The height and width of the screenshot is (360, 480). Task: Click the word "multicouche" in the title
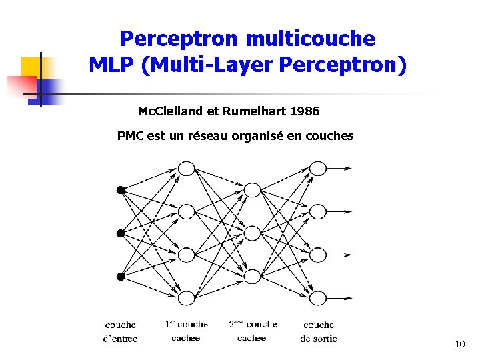(x=310, y=39)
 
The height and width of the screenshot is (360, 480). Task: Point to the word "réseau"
(x=209, y=136)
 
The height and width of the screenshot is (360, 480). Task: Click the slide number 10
(x=459, y=345)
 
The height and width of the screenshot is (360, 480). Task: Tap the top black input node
(x=121, y=190)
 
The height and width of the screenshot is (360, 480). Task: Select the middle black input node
(x=121, y=233)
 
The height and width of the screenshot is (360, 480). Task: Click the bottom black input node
(x=121, y=277)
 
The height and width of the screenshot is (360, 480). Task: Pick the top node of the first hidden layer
(x=186, y=169)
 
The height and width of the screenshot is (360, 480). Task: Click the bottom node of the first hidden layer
(x=186, y=298)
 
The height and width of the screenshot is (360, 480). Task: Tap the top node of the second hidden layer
(x=251, y=190)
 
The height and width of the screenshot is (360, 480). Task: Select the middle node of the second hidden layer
(x=251, y=233)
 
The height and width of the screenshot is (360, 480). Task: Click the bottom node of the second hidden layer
(x=251, y=277)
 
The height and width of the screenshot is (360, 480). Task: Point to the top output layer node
(x=318, y=169)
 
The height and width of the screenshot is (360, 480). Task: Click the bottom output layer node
(x=318, y=298)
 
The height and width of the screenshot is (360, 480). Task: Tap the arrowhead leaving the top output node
(x=348, y=169)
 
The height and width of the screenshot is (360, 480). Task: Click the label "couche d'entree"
(x=121, y=331)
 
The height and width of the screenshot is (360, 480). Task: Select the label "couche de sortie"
(x=319, y=331)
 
